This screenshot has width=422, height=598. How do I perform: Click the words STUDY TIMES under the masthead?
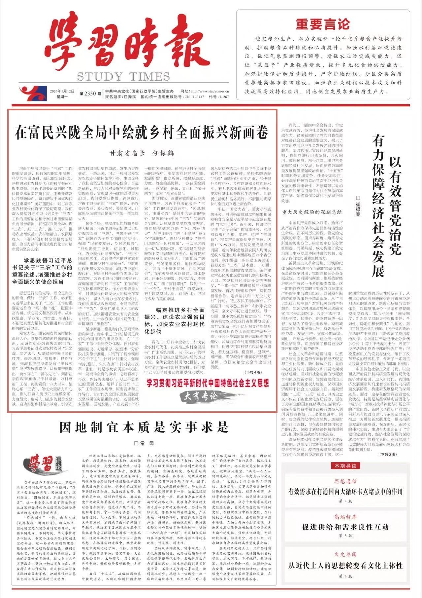(123, 77)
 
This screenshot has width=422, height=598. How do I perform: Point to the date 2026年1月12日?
(62, 91)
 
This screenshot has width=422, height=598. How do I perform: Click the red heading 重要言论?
(322, 24)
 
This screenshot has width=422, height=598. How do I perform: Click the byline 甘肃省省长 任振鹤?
(142, 153)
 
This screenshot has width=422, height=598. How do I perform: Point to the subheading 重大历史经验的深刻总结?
(311, 212)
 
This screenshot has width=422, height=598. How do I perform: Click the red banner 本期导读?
(345, 466)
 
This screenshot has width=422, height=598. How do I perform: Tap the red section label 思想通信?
(345, 481)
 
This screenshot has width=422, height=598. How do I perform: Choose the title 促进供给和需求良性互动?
(345, 527)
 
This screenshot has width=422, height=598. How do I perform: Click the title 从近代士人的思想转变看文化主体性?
(345, 566)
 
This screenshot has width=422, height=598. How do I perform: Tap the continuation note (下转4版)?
(253, 372)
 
